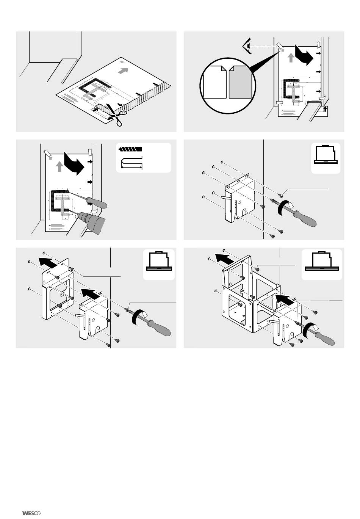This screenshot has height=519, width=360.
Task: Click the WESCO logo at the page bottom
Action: pos(31,513)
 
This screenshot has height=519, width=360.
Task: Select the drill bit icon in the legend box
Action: pos(130,149)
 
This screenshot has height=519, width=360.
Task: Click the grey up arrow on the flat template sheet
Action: pos(123,71)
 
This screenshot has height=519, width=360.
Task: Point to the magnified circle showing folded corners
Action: pos(228,86)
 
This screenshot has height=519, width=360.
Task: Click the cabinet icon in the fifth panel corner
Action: pos(159,261)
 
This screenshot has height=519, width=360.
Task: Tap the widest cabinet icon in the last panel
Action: pos(322,261)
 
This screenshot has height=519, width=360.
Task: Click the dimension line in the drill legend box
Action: pos(131,167)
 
